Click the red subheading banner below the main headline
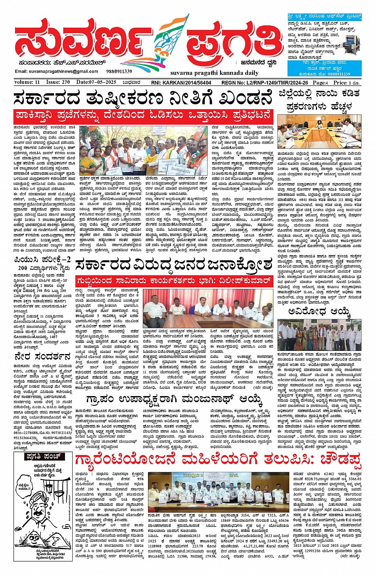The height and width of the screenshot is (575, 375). click(143, 116)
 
